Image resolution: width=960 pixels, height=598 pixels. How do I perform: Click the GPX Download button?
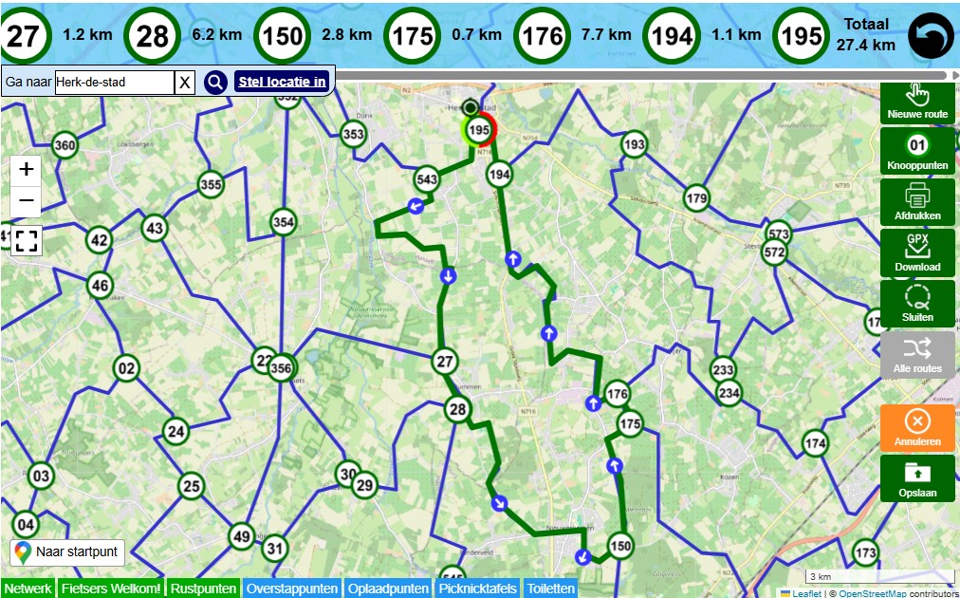pos(917,252)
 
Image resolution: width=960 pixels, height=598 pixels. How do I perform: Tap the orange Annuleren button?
pos(917,427)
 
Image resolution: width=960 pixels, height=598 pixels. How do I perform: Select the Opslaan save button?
pos(917,478)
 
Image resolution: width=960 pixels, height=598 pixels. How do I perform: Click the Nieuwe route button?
pos(917,100)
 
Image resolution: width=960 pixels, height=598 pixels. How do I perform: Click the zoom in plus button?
pos(27,170)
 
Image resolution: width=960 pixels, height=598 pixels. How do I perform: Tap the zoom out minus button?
pos(27,201)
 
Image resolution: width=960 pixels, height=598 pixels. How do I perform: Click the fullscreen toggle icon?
pos(27,240)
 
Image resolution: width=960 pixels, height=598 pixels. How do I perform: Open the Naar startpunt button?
pos(67,551)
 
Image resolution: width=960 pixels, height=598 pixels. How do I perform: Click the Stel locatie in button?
pos(282,82)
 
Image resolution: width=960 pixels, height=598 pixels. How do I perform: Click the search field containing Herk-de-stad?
pos(114,83)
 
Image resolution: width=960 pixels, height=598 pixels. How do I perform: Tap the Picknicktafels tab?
pos(477,589)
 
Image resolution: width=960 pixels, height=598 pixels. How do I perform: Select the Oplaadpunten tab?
pos(389,589)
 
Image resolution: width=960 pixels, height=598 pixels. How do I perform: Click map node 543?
pos(427,178)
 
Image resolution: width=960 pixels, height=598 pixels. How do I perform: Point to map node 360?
pos(65,146)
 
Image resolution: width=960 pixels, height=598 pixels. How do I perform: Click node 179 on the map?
pos(697,198)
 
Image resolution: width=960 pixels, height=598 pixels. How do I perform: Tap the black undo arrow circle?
pos(931,36)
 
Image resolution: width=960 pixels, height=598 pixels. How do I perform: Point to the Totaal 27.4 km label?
pos(865,35)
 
